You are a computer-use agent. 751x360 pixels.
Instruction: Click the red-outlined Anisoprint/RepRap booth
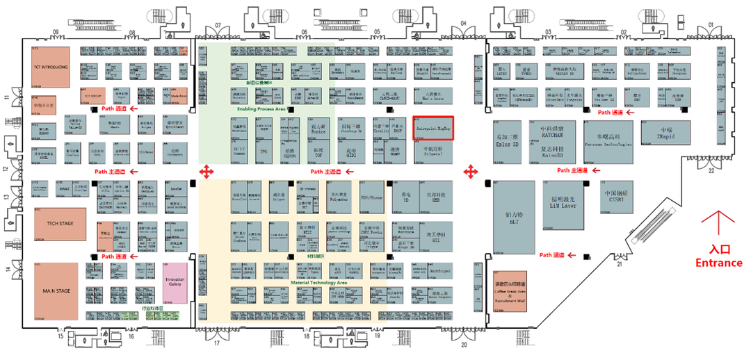[433, 128]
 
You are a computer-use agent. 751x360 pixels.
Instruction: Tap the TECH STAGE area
[60, 224]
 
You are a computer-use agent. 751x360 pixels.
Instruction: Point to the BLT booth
[514, 217]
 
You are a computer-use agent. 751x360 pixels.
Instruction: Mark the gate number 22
[711, 170]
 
